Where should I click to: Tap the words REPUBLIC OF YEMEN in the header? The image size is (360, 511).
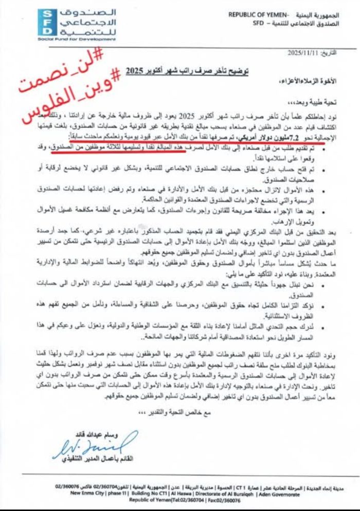257,14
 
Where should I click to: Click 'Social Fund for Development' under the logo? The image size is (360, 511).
69,39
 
